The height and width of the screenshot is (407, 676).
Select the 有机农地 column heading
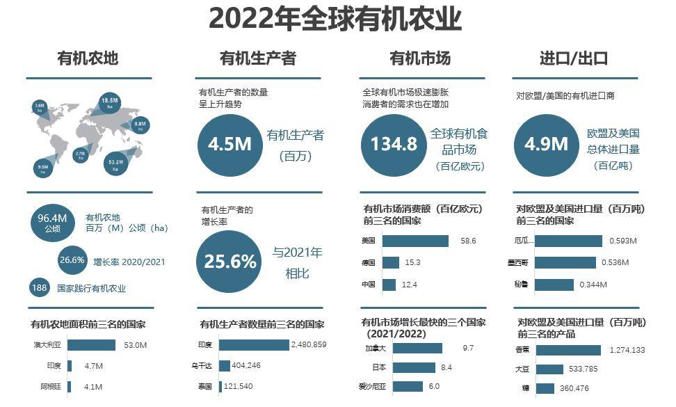88,58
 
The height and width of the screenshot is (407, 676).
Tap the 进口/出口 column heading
574,58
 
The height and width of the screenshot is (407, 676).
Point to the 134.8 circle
393,145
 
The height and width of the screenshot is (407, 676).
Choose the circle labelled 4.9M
546,145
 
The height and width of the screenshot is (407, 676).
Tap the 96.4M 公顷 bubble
53,222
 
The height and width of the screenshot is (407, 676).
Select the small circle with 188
39,287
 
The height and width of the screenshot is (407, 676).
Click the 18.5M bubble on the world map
109,103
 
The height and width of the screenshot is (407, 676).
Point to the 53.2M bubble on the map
115,163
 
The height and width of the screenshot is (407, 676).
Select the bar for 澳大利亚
91,345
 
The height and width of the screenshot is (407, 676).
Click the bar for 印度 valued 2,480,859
253,345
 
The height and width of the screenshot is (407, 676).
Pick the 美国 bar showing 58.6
415,241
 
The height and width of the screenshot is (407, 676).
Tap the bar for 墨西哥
565,263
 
